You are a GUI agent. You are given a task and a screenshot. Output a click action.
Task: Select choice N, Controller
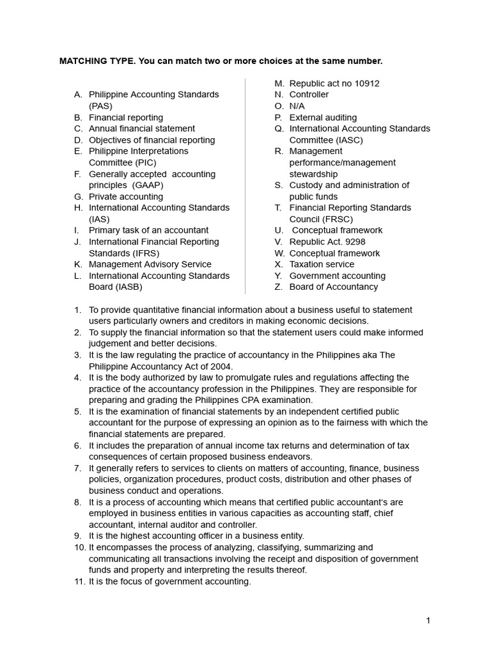click(x=309, y=95)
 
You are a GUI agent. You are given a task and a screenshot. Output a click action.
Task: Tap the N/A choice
click(x=297, y=106)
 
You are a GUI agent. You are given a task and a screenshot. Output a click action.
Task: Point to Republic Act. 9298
click(x=327, y=242)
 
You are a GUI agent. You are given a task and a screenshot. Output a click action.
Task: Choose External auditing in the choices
click(x=323, y=118)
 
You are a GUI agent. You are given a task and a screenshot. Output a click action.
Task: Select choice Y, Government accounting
click(x=337, y=276)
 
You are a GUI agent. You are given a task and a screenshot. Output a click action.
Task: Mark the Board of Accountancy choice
click(x=333, y=287)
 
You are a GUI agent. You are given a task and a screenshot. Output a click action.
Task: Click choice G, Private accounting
click(x=125, y=196)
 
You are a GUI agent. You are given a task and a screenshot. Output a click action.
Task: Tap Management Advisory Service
click(x=150, y=264)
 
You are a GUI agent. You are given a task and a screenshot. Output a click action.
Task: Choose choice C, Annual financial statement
click(x=142, y=129)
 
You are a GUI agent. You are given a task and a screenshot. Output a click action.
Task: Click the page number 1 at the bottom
click(x=428, y=620)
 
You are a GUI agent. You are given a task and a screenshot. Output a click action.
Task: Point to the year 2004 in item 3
click(x=221, y=367)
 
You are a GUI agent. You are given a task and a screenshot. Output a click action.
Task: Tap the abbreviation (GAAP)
click(x=148, y=185)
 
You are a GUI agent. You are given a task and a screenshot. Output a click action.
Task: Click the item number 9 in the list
click(x=78, y=536)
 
